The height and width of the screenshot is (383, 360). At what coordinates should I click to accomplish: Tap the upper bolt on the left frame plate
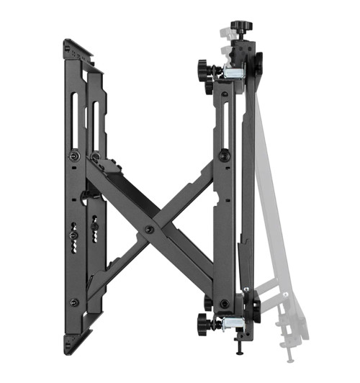point(75,156)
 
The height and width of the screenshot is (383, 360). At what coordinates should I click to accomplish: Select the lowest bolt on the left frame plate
point(74,303)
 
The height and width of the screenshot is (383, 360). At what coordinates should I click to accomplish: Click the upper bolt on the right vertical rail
point(224,154)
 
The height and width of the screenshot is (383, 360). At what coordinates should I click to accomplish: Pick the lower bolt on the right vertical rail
point(224,303)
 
